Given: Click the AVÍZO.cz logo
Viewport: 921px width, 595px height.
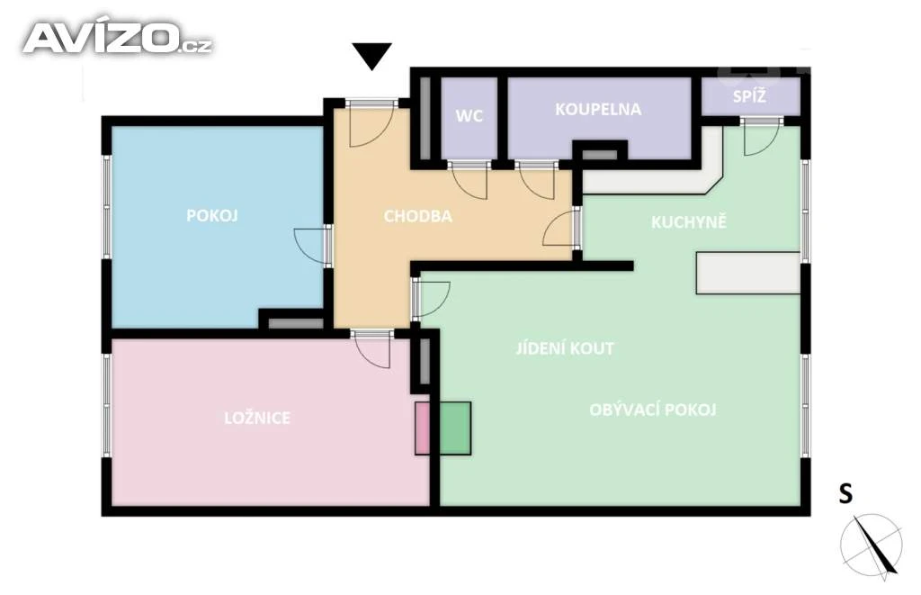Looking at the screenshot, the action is coord(117,39).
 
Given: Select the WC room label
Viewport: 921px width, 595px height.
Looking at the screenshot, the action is coord(469,116).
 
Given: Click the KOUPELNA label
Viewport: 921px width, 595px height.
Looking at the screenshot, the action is coord(598,109).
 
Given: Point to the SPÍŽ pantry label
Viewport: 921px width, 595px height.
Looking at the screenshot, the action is coord(749,95).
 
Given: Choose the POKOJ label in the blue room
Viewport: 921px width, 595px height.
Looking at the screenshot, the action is coord(212,216).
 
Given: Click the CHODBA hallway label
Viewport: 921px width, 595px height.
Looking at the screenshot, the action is coord(417,216).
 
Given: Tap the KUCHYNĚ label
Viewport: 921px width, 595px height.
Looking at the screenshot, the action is coord(689,221).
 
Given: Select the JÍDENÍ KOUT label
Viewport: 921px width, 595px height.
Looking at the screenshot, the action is coord(565,348).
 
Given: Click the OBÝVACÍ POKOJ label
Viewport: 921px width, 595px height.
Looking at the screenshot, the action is coord(653,410).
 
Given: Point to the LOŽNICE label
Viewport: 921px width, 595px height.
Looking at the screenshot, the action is coord(257,418).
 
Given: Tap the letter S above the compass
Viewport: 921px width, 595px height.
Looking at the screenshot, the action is coord(845,494).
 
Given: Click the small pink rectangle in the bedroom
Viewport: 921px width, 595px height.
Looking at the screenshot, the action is coord(423,428).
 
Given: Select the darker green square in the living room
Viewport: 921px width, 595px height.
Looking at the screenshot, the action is coord(455,428).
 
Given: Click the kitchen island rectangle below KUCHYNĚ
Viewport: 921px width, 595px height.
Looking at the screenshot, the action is coord(748,273).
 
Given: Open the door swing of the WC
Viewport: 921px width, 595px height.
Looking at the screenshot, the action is coord(469,181).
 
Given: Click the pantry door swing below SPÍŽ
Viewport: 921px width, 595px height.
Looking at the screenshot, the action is coord(761,138).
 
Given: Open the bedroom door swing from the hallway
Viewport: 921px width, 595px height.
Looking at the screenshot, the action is coord(372,351).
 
